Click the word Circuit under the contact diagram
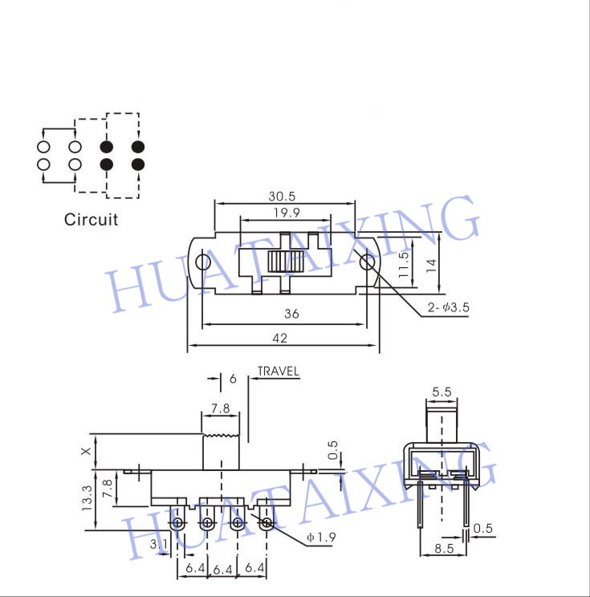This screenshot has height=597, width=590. tap(91, 220)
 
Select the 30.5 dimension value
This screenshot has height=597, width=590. tap(282, 197)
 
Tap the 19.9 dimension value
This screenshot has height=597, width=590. tap(287, 213)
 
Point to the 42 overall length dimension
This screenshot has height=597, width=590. tap(280, 338)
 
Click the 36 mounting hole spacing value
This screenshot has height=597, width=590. tap(291, 314)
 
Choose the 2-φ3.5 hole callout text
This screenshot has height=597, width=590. tap(448, 307)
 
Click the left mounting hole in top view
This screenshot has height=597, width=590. tap(202, 262)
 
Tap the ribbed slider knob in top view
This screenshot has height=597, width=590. tap(285, 262)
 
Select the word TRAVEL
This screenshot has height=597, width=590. tap(278, 372)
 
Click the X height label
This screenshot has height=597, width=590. tap(87, 451)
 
